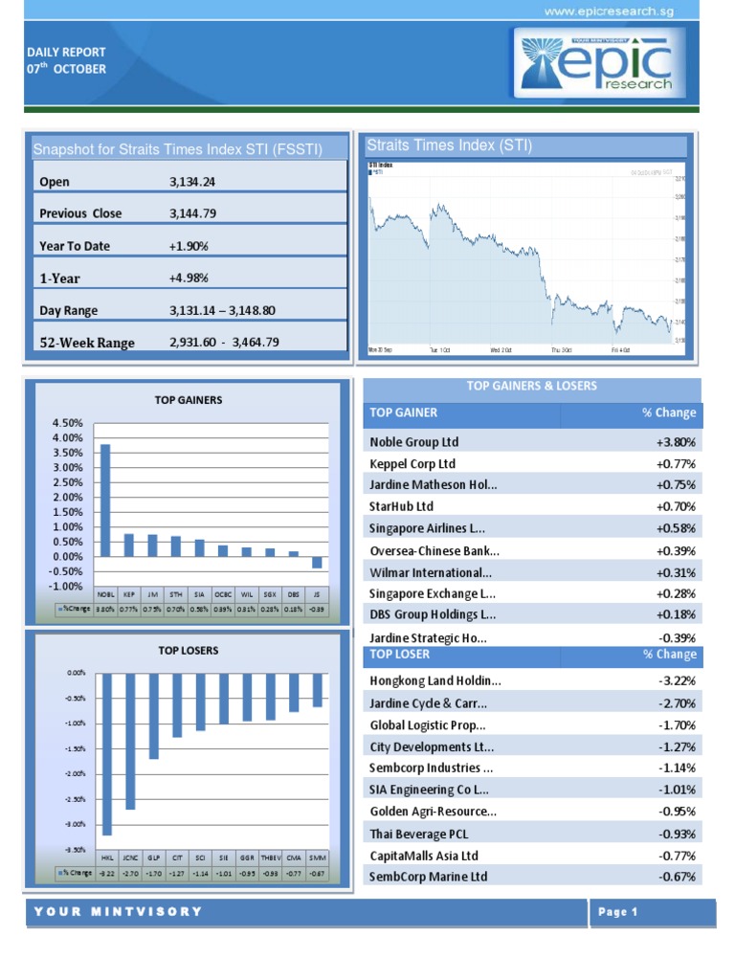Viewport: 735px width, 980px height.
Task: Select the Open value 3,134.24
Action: [x=191, y=182]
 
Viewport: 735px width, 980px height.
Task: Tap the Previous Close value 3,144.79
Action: [x=192, y=213]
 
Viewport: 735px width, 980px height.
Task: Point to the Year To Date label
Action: [x=75, y=246]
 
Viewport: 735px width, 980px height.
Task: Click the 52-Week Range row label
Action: [x=87, y=343]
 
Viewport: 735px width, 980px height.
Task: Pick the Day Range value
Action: [x=221, y=310]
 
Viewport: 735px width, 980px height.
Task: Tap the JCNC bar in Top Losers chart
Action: [x=130, y=741]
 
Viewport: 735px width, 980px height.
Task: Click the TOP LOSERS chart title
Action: [x=189, y=651]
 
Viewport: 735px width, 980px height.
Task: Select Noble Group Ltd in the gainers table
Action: [x=414, y=442]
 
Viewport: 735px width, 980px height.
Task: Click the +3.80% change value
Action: [x=676, y=442]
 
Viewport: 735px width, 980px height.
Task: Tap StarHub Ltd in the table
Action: [x=402, y=506]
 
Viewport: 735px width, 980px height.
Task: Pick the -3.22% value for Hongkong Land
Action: [x=677, y=681]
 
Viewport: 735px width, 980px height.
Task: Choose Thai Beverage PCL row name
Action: [x=420, y=834]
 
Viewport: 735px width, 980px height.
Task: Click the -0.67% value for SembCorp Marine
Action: [x=677, y=877]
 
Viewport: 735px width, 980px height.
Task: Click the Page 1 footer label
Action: [x=618, y=912]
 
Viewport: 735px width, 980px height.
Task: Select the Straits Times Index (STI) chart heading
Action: [x=449, y=145]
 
